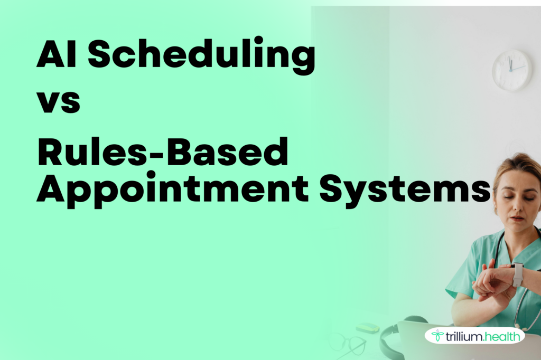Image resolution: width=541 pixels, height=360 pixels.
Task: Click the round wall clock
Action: pyautogui.click(x=512, y=70)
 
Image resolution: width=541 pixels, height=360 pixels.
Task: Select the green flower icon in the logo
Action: pyautogui.click(x=437, y=335)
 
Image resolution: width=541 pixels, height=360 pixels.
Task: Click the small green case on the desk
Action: pyautogui.click(x=367, y=328)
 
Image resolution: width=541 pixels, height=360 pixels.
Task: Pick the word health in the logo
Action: pyautogui.click(x=501, y=335)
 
